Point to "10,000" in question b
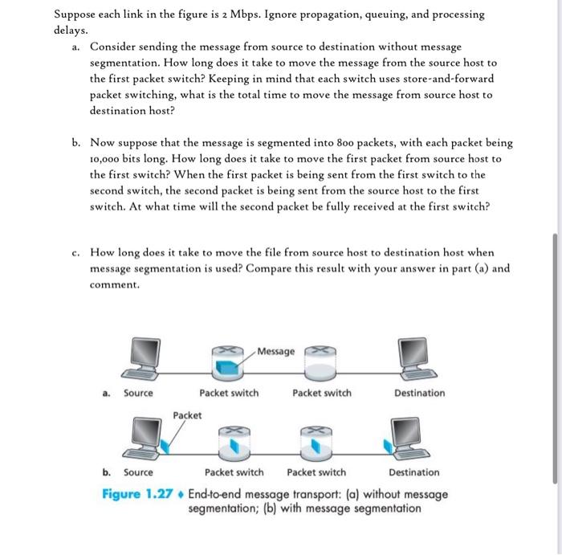point(107,159)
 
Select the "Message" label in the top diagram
point(276,351)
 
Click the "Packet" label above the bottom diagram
point(187,415)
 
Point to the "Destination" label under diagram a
point(419,393)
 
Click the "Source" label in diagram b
point(138,472)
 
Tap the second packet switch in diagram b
point(316,440)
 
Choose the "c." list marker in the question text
point(73,252)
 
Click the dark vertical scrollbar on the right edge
point(554,358)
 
